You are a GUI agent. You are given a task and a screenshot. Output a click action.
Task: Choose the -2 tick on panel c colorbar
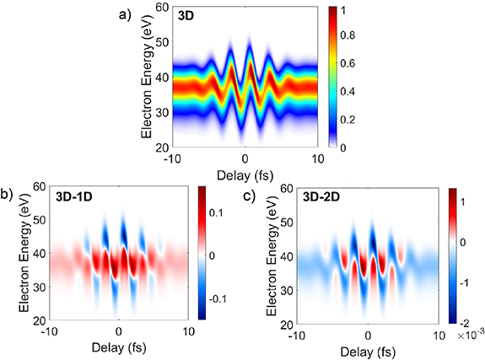[x=463, y=321]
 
